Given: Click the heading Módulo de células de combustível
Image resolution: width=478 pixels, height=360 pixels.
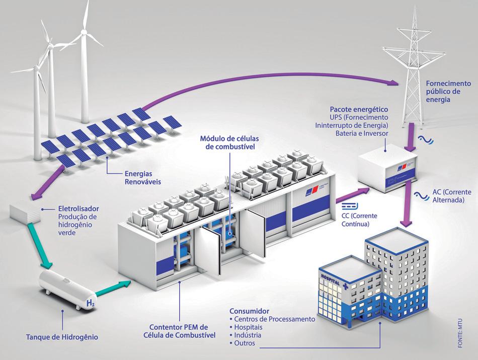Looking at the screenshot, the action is coord(227,142).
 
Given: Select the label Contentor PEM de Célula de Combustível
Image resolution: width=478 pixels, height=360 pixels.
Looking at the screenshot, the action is coord(186,331).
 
